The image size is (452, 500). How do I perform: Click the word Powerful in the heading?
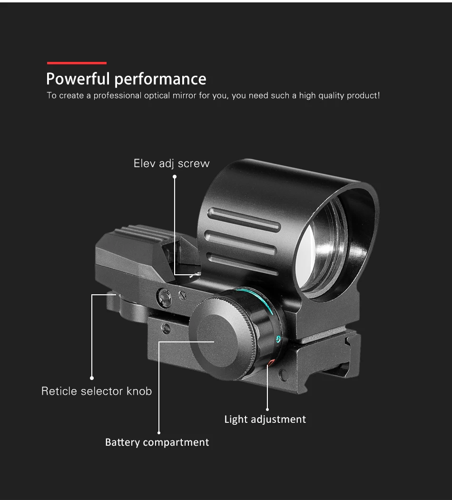click(78, 79)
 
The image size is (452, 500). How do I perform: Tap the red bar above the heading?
click(77, 63)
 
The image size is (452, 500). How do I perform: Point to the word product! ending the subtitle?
click(363, 96)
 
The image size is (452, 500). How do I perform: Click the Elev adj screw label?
click(171, 164)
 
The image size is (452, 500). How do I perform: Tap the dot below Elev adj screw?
click(175, 177)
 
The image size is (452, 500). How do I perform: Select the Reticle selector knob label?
click(97, 391)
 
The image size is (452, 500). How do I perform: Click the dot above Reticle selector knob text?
click(92, 378)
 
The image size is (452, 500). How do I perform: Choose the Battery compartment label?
click(157, 442)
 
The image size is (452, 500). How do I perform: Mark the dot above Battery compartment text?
click(159, 432)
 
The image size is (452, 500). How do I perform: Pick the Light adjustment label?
click(265, 420)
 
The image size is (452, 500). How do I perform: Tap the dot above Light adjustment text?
click(267, 409)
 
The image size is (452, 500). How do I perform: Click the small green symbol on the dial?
click(278, 339)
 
